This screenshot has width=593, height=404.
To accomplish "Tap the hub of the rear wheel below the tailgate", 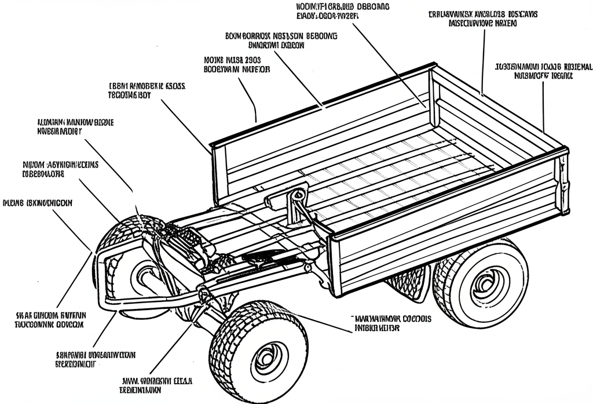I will click(484, 284).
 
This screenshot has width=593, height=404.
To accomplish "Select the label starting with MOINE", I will click(233, 64).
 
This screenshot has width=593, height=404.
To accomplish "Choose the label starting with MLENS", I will click(38, 203).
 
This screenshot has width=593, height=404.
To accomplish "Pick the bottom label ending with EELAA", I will click(158, 385).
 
